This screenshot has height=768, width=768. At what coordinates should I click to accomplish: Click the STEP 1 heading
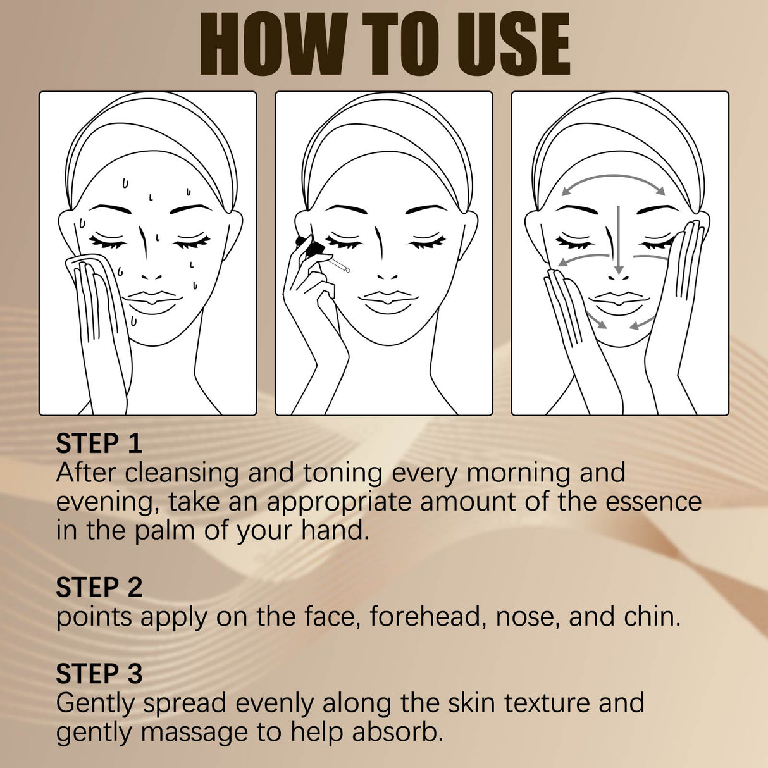pyautogui.click(x=99, y=443)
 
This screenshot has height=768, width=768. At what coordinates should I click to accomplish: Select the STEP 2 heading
pyautogui.click(x=99, y=588)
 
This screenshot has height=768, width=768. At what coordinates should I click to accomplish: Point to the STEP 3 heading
pyautogui.click(x=99, y=674)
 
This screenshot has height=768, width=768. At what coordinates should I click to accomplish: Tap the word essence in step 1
pyautogui.click(x=653, y=502)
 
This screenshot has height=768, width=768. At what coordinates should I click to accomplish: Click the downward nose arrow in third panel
pyautogui.click(x=619, y=240)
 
